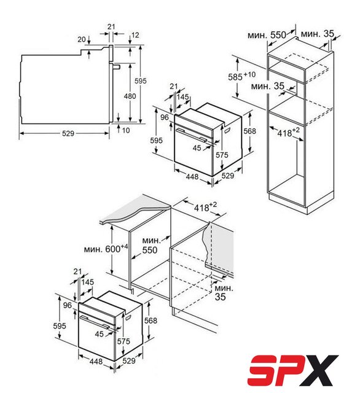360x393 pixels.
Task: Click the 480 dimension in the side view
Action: coord(130,96)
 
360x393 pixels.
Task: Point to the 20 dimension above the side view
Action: coord(82,39)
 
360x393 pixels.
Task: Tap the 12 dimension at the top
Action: coord(135,35)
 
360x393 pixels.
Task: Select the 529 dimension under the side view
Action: coord(68,133)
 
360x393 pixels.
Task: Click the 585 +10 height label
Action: coord(241,76)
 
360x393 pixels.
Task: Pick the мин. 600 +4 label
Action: coord(106,248)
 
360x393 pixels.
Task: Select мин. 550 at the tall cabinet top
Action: coord(267,35)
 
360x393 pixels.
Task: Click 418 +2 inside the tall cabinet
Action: coord(288,132)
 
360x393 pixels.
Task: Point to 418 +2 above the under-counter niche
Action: coord(205,207)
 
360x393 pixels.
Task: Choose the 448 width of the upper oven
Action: coord(192,176)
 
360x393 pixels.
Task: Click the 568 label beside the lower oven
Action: coord(151,321)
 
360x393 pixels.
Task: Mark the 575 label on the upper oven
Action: coord(222,155)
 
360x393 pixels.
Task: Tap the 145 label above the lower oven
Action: coord(87,282)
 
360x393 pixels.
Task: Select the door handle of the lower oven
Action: coord(95,322)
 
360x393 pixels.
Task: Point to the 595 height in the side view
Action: coord(141,80)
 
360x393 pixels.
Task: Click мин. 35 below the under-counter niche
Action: coord(224,292)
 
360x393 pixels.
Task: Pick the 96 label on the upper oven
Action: coord(165,117)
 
